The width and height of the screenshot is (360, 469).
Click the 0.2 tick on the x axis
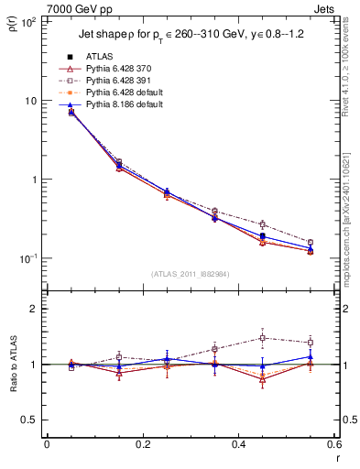coord(142,445)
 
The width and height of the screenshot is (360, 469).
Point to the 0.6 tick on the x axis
coord(333,445)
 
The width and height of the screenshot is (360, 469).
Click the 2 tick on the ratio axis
coord(33,309)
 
